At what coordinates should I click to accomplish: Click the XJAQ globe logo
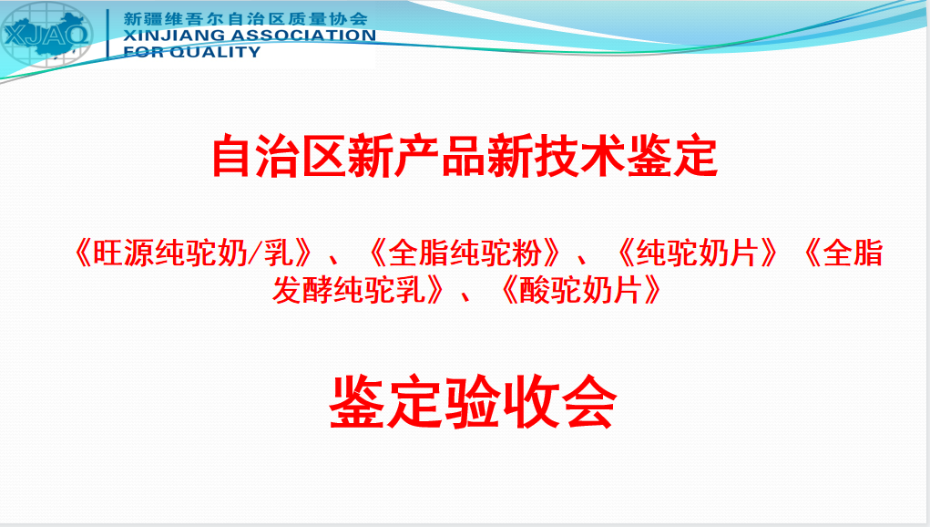point(46,35)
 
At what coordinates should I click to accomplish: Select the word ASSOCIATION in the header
point(303,36)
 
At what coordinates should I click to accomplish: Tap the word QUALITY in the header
point(215,52)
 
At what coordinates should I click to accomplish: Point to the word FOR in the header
point(143,52)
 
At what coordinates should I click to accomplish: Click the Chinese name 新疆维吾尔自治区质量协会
point(246,18)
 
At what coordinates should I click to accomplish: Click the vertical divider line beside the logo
point(107,33)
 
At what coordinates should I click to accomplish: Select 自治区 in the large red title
point(279,157)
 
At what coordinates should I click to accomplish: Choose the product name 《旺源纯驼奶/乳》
point(193,253)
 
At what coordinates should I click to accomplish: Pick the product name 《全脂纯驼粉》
point(464,253)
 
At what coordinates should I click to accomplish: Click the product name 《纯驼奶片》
point(697,253)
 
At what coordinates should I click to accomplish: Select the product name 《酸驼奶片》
point(581,291)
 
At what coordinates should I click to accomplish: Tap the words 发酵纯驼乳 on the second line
point(349,291)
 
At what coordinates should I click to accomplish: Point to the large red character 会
point(589,402)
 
